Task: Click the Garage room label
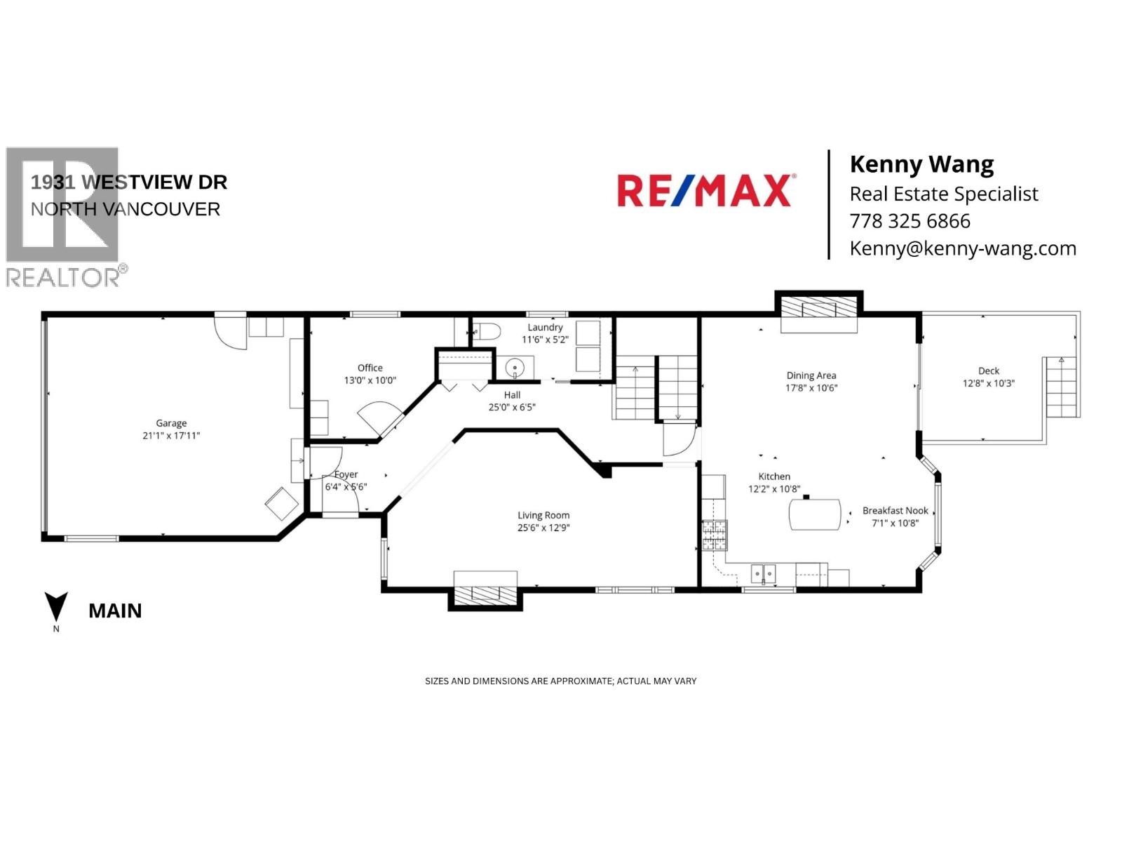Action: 171,423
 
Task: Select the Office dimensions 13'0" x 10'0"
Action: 370,380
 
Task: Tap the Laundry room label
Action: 545,327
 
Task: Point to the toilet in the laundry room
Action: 486,331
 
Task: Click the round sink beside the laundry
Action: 515,367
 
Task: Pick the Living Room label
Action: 543,515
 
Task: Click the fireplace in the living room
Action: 485,593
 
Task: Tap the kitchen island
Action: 815,514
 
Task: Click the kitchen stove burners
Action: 715,535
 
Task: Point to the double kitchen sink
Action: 764,574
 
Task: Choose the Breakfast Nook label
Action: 895,511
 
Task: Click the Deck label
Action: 989,370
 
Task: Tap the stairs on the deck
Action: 1062,387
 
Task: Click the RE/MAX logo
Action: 705,191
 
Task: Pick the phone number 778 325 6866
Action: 910,221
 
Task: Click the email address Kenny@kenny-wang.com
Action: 962,248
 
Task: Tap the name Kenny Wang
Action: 921,164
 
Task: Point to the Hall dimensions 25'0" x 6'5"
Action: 512,407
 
